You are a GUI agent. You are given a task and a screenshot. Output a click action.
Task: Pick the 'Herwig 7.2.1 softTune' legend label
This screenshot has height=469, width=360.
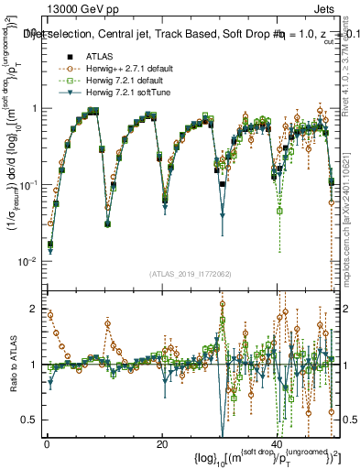pyautogui.click(x=125, y=91)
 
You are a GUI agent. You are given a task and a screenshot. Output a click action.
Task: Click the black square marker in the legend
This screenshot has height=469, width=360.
pyautogui.click(x=61, y=55)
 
